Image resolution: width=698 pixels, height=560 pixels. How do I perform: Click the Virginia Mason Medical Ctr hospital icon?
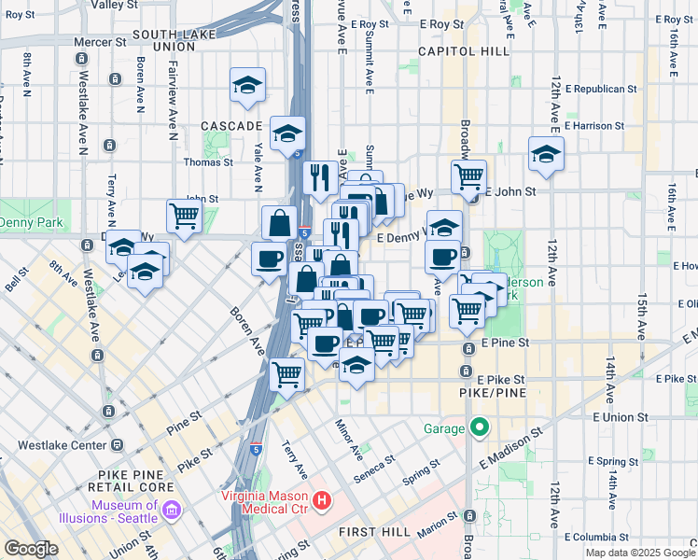click(322, 501)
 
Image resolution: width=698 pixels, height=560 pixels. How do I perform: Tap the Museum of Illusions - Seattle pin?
click(171, 511)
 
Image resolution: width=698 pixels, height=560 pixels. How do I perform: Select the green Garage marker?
click(480, 428)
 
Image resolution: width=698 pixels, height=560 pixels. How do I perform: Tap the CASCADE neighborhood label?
click(231, 125)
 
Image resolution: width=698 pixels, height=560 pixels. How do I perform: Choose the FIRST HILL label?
click(370, 531)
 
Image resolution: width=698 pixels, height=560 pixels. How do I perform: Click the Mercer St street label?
click(101, 42)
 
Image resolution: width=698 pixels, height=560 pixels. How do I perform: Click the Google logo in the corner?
click(31, 549)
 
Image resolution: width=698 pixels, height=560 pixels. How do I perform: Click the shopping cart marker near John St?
click(185, 217)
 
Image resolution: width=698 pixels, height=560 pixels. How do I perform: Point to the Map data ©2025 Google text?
click(640, 553)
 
